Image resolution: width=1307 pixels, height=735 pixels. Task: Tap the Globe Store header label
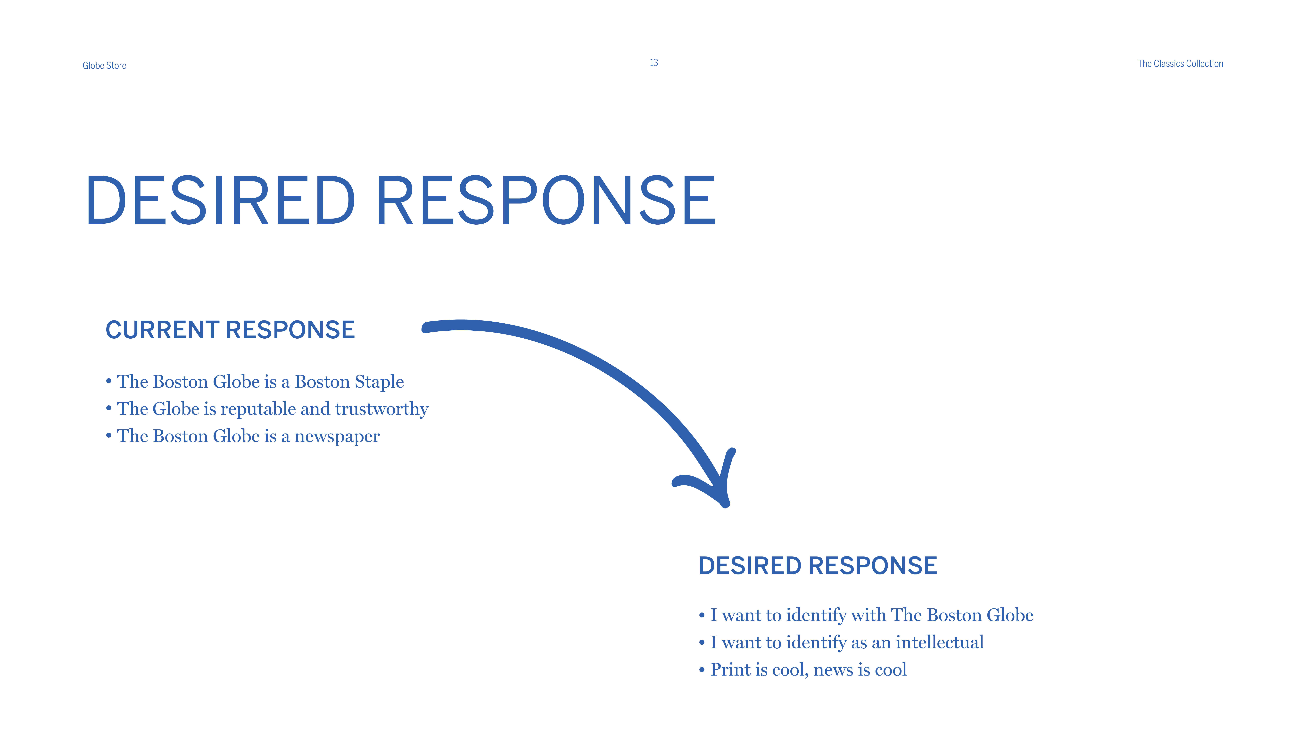click(105, 65)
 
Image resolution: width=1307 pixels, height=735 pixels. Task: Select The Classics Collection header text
click(1180, 63)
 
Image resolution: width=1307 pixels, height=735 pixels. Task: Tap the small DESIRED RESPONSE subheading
click(818, 566)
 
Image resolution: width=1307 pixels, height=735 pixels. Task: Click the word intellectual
click(940, 642)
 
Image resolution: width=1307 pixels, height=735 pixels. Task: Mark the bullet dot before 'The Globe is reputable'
click(109, 408)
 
